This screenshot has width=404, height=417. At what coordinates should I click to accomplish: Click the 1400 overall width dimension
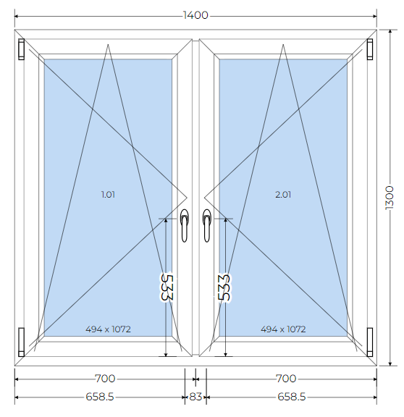(195, 15)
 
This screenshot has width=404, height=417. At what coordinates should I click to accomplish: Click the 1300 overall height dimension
(390, 198)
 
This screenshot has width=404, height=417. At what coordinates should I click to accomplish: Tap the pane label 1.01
(108, 195)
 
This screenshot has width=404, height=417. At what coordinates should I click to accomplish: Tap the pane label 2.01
(283, 195)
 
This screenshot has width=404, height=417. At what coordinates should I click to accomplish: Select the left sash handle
(184, 225)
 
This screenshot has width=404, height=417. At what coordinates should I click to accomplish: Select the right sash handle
(206, 225)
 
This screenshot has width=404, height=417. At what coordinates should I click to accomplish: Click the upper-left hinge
(21, 49)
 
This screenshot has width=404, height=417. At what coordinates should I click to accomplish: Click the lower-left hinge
(21, 342)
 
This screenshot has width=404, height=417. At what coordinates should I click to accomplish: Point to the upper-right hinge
(370, 49)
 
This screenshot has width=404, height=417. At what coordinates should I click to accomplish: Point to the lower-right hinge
(370, 342)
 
